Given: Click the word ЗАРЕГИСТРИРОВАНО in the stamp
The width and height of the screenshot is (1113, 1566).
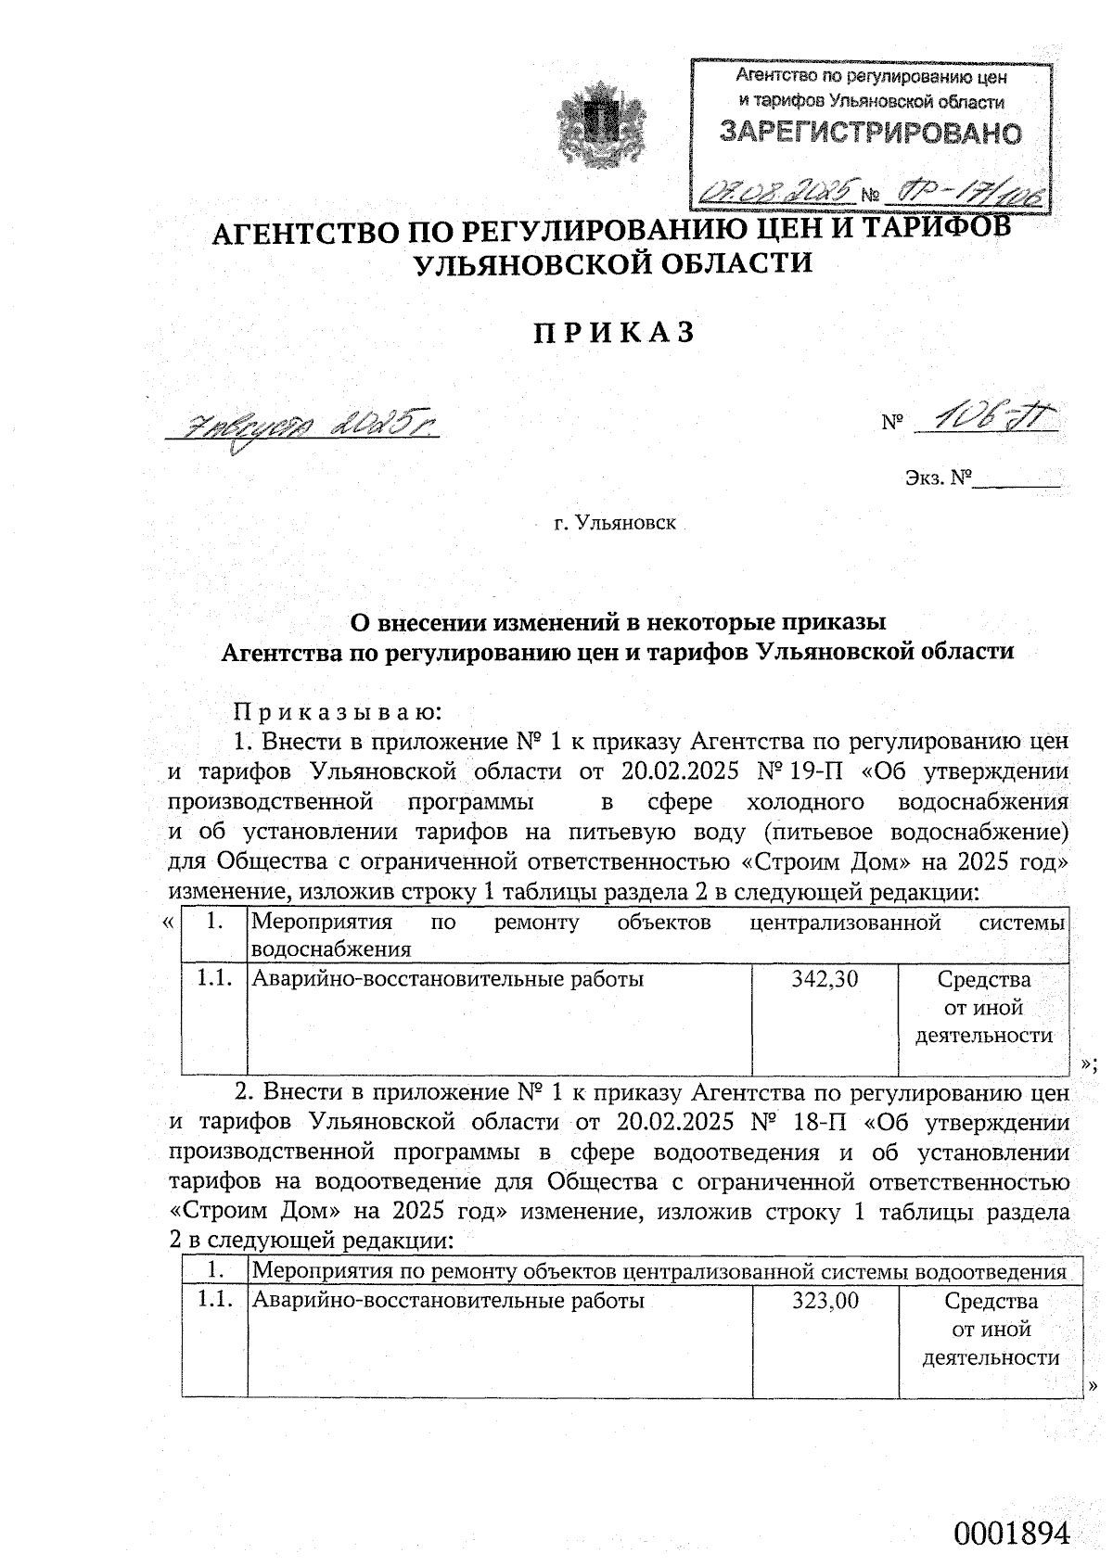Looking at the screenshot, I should [871, 134].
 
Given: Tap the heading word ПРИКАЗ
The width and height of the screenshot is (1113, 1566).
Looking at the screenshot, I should [614, 333].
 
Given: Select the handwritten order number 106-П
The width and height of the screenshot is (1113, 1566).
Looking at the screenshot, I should [987, 420].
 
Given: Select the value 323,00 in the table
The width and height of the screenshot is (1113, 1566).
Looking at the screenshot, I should [825, 1301].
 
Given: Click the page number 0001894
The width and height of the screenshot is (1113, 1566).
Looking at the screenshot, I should [1012, 1508].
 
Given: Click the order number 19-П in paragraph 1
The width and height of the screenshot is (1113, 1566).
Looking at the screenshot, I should [817, 771].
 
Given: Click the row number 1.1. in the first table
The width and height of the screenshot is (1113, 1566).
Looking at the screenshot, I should [214, 979].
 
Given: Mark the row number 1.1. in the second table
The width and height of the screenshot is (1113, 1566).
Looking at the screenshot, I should [214, 1301].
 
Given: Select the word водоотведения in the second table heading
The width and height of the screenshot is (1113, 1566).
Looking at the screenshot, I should [990, 1270].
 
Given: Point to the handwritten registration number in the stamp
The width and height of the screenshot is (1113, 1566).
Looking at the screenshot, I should [965, 192].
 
